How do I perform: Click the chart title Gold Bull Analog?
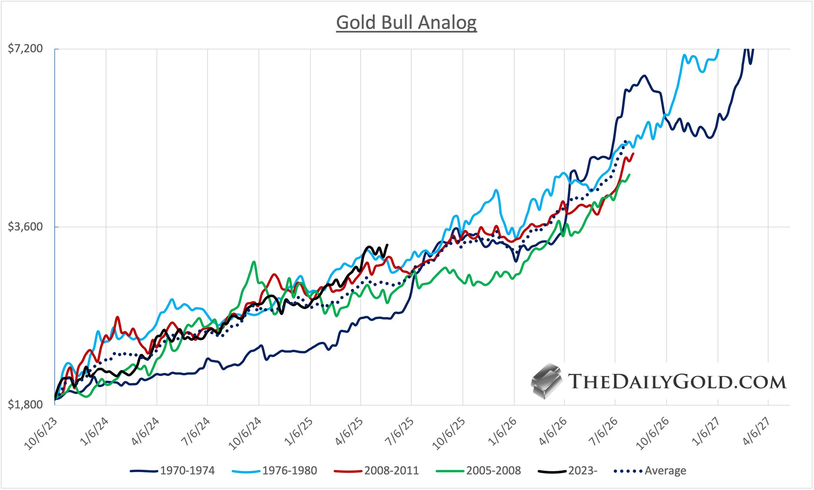tap(406, 23)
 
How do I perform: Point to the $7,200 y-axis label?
tap(25, 49)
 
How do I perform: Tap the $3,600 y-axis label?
tap(25, 227)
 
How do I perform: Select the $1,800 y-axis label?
tap(25, 404)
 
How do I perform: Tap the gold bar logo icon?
tap(547, 380)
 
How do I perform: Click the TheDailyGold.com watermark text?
tap(677, 382)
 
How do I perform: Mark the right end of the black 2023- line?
tap(387, 245)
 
